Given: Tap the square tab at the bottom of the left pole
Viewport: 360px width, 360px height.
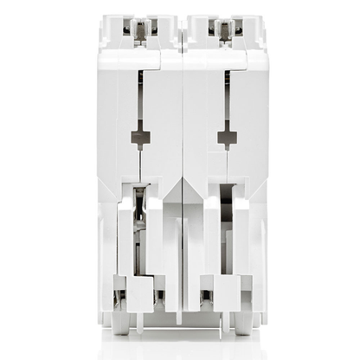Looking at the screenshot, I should coord(139,292).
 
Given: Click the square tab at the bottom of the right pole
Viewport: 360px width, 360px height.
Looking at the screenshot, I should coord(226,292).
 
